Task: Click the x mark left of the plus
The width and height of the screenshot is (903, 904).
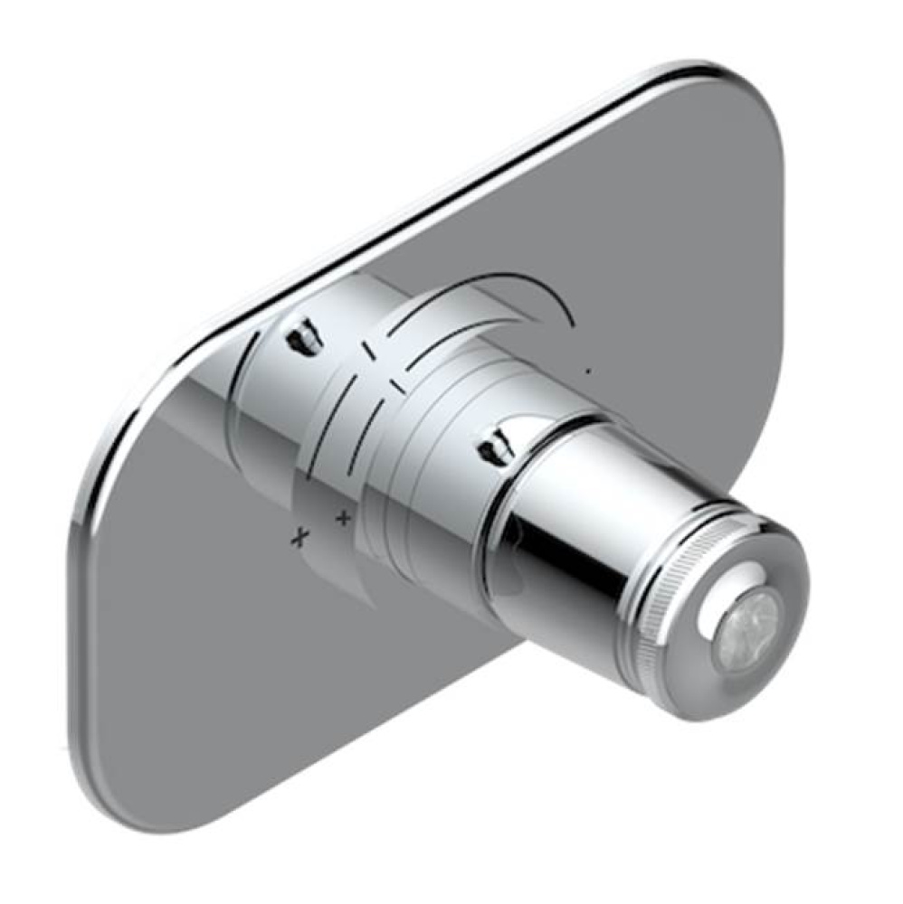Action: [x=299, y=538]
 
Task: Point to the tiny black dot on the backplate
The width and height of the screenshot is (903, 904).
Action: [x=590, y=369]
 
